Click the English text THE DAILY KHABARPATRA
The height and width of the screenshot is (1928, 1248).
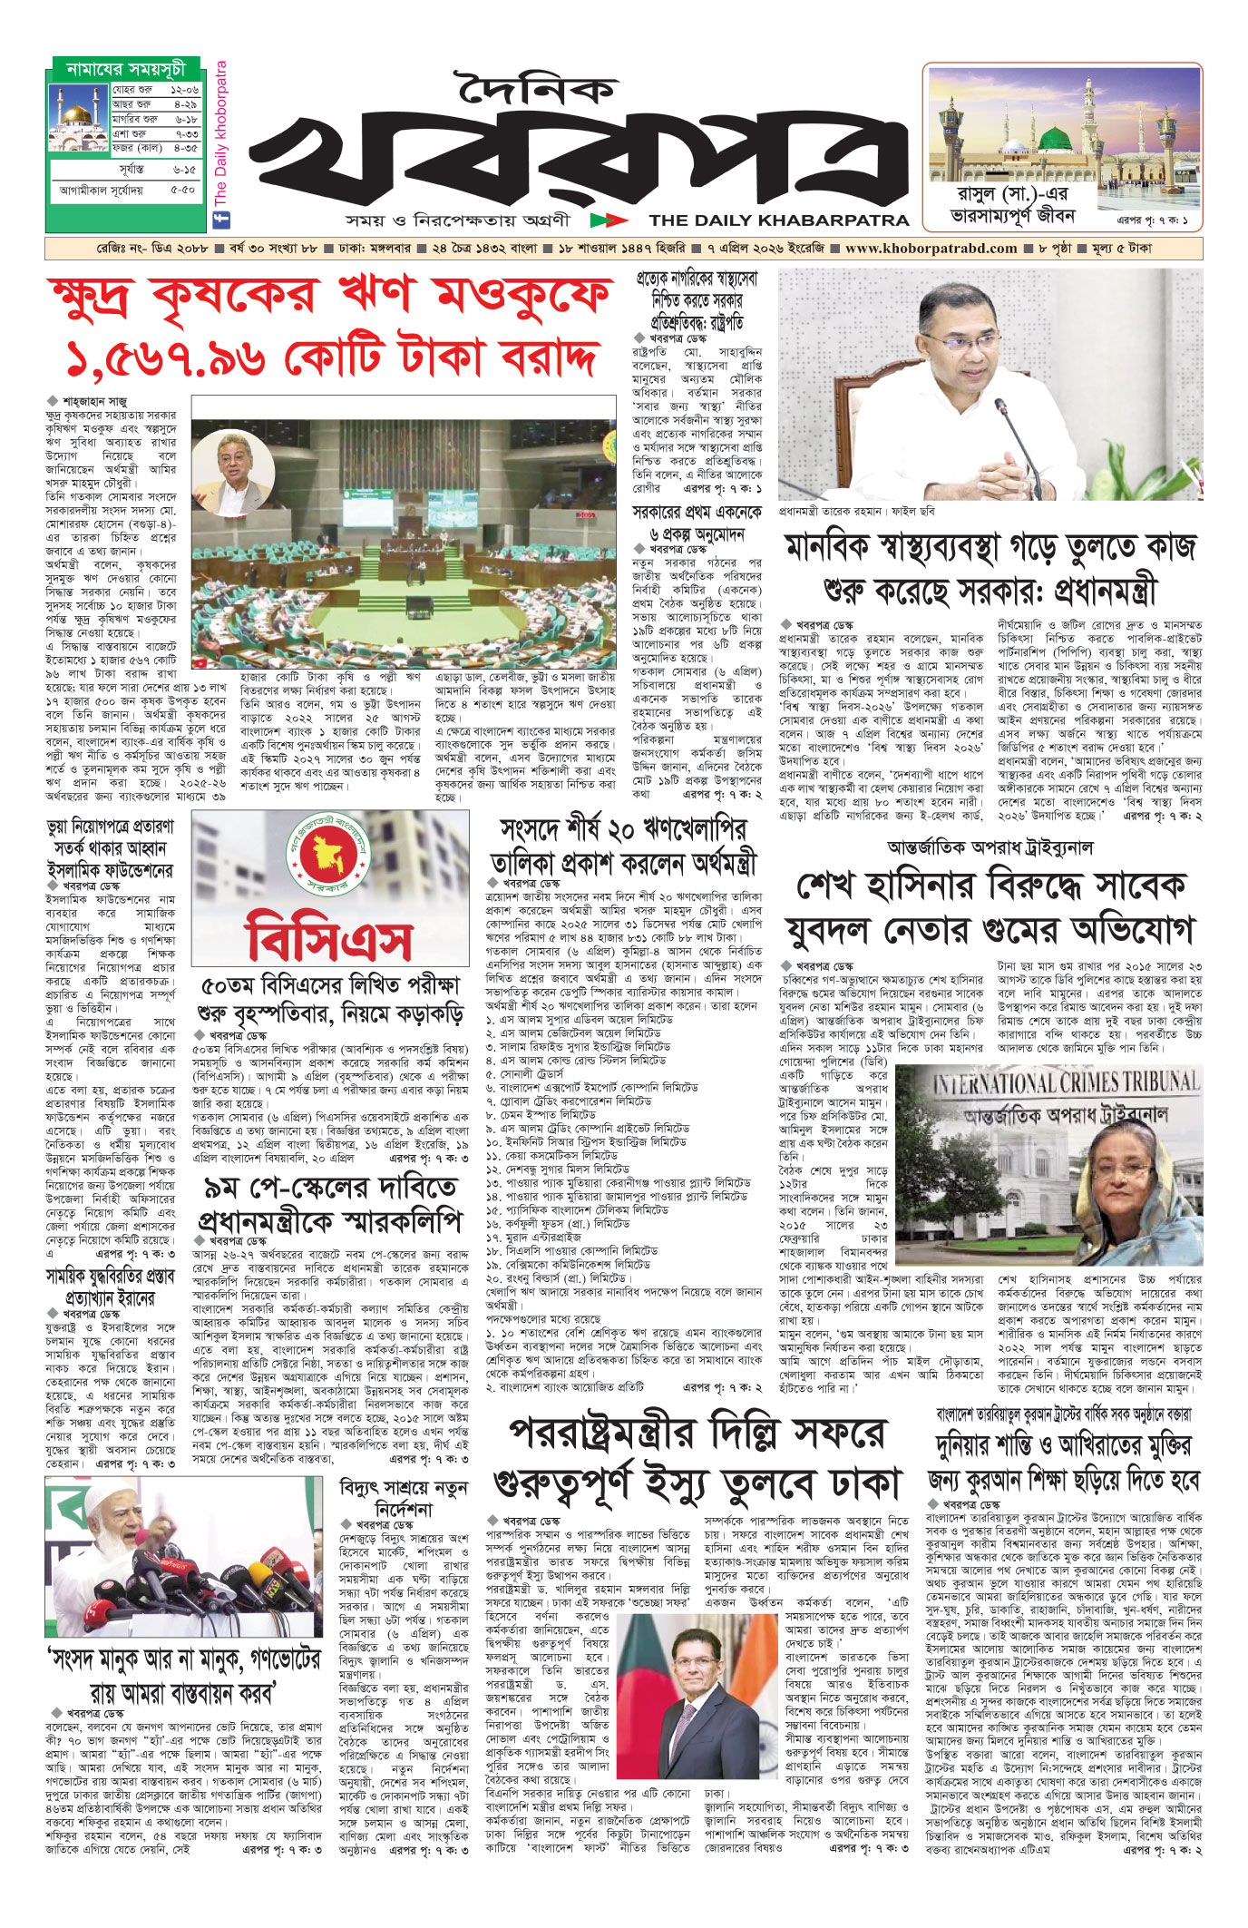[x=778, y=220]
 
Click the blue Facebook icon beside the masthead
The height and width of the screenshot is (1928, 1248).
[x=220, y=219]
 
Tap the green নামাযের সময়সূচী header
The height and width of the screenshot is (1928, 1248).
[x=125, y=69]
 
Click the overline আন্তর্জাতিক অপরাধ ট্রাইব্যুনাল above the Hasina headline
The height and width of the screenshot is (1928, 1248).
[x=990, y=847]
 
